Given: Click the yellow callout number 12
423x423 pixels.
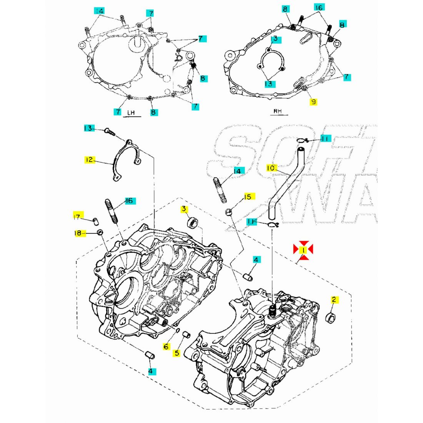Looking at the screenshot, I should coord(90,160).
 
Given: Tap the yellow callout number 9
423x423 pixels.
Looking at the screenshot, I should coord(313,102).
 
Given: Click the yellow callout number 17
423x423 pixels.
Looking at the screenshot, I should coord(77,217).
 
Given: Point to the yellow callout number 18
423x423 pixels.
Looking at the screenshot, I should coord(78,233).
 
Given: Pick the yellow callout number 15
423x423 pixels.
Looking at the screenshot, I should coord(248,197).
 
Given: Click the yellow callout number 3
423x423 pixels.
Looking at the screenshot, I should coord(184,209).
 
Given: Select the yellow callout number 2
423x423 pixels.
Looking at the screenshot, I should coord(334,300).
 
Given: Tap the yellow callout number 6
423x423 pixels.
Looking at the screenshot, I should coord(166,346).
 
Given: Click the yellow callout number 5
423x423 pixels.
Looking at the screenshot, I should coord(177,353).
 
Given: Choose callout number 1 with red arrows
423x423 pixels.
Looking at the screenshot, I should coord(303,250).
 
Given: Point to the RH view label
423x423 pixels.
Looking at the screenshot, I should coord(278,112).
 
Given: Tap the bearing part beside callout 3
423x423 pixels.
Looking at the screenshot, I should coord(193,223).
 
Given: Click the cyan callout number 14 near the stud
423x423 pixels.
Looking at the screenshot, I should coord(237,171).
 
